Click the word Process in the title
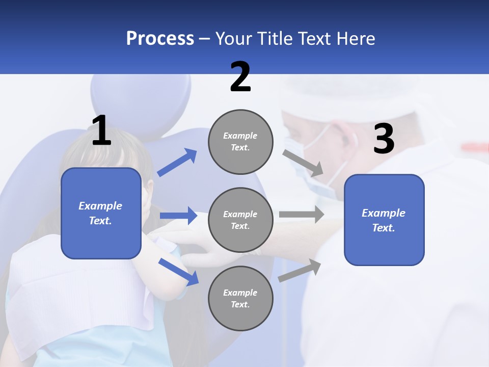point(160,39)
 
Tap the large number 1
point(101,131)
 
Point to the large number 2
point(240,77)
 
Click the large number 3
point(384,139)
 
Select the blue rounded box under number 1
point(101,213)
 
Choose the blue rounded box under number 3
point(384,220)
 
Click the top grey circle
point(240,142)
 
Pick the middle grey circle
point(240,220)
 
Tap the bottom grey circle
point(240,298)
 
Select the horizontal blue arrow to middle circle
point(178,216)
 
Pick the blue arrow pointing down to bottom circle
point(178,271)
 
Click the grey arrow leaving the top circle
point(303,163)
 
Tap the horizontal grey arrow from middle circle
point(302,215)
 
